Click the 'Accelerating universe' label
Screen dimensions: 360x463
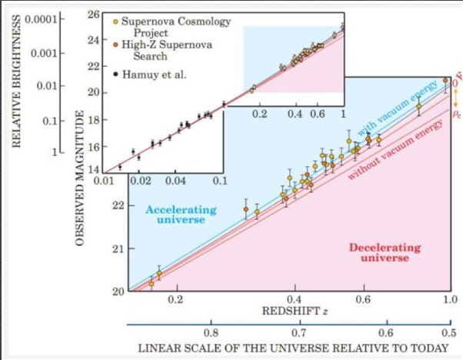tap(175, 214)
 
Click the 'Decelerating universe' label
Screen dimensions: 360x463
tap(385, 252)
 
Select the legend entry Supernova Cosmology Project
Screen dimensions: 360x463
tap(181, 27)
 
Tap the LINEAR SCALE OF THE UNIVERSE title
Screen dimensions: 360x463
tap(292, 348)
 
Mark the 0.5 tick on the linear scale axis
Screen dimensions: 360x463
tap(448, 332)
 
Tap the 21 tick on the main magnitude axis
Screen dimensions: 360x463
tap(118, 249)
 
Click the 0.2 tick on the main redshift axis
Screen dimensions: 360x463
tap(176, 299)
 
